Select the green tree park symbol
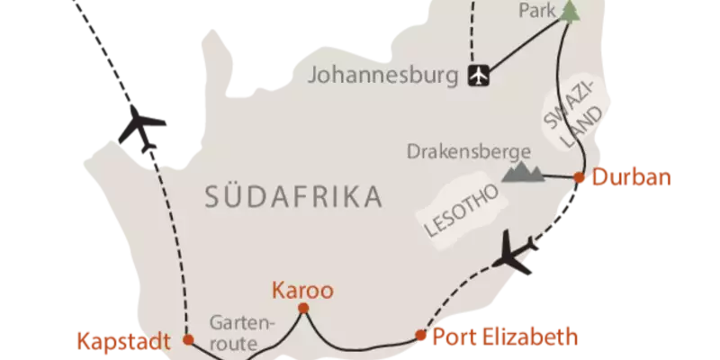(569, 11)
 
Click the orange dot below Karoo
(303, 310)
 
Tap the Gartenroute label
(236, 332)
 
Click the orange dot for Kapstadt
(187, 339)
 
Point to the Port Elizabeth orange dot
(419, 337)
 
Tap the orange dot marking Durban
(579, 175)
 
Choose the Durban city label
(631, 177)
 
